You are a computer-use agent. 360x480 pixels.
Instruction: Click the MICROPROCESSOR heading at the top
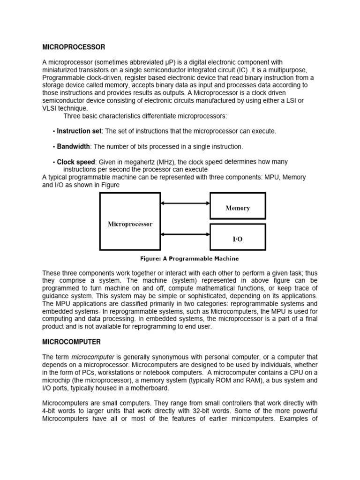74,47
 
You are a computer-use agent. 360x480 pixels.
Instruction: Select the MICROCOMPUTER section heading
71,342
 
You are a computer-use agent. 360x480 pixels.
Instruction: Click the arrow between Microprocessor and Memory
185,203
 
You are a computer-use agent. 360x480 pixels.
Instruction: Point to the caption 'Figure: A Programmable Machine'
190,259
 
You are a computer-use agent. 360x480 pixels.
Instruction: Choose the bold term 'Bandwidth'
73,147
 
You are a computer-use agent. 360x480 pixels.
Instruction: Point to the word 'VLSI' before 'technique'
51,108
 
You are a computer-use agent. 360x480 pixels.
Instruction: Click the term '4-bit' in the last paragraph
50,410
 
